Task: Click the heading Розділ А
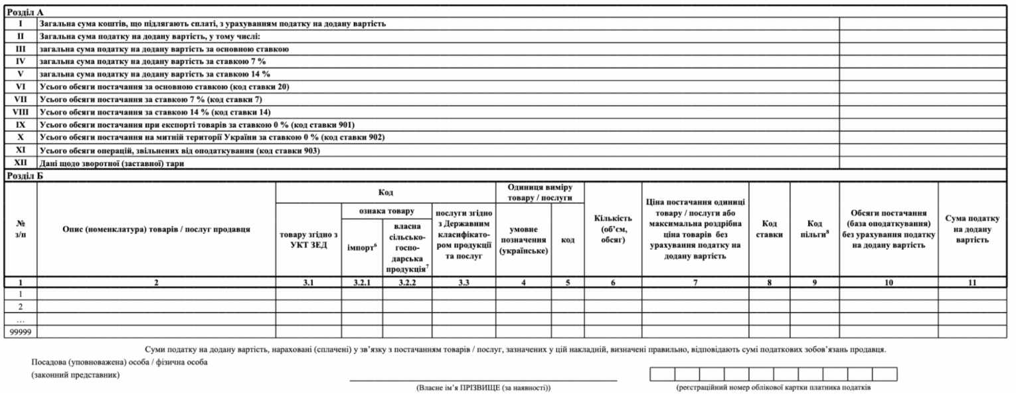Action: (x=23, y=11)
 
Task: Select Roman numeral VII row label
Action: (x=21, y=99)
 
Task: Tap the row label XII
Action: (x=21, y=163)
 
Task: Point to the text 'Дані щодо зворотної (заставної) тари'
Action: (x=112, y=163)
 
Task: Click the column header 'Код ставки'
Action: (x=769, y=229)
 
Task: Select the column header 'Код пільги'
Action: (x=814, y=229)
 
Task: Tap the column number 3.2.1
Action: (x=358, y=282)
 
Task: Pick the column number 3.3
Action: (x=464, y=282)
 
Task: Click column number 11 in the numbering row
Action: (x=972, y=282)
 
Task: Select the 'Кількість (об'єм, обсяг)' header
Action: (x=612, y=229)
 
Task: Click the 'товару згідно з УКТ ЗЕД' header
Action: (x=309, y=242)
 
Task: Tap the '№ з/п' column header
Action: (x=21, y=229)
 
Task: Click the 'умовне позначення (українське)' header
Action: (x=523, y=240)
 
